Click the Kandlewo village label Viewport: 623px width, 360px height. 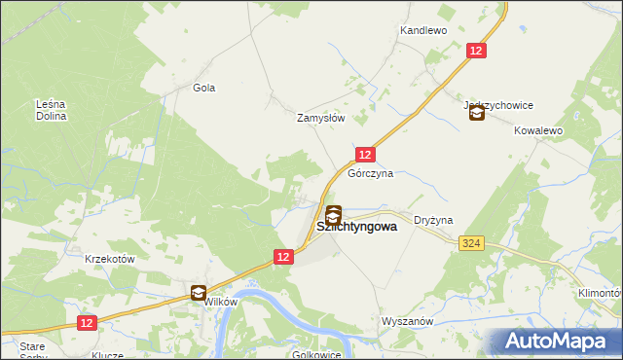[422, 31]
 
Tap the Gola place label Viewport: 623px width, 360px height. [203, 88]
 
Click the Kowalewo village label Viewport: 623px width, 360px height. [538, 129]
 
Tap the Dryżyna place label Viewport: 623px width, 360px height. [433, 221]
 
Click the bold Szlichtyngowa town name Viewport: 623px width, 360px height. [356, 227]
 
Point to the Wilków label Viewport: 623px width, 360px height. [220, 302]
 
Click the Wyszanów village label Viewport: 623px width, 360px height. [407, 320]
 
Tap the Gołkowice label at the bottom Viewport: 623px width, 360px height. [317, 354]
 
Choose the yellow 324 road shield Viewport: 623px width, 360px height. [472, 242]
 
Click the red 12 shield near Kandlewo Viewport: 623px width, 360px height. [476, 51]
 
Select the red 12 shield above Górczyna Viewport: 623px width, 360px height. [365, 155]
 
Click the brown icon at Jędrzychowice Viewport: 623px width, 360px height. [476, 114]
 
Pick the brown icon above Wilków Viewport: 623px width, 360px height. [199, 292]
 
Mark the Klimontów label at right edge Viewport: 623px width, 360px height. [598, 292]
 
